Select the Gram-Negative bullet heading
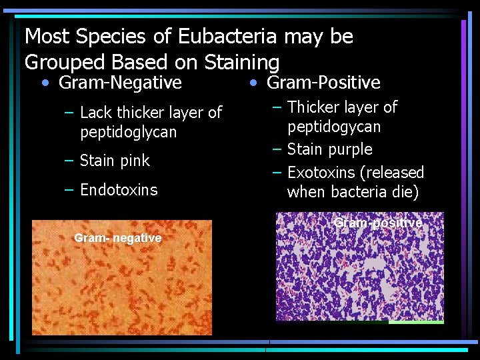tap(120, 83)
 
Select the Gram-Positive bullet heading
tap(323, 83)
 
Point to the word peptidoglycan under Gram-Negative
tap(129, 132)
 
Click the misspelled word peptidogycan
tap(334, 127)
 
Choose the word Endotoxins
tap(119, 190)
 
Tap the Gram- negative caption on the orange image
tap(118, 238)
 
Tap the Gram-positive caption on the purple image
tap(378, 223)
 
